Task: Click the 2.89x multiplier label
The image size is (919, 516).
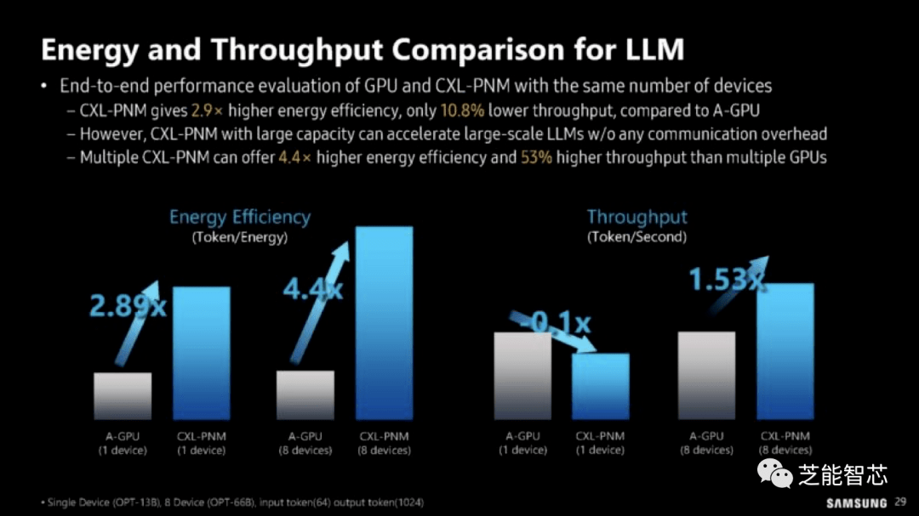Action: click(128, 306)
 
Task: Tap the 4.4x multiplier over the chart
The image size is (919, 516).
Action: click(312, 289)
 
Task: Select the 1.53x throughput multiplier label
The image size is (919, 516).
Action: click(726, 280)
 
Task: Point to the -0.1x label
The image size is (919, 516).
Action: click(555, 322)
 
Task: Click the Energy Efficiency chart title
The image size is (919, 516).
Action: click(240, 218)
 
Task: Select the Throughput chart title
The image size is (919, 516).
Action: click(636, 218)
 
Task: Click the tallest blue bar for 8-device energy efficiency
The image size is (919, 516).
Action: click(384, 323)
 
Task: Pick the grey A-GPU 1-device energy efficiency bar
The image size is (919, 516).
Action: click(123, 396)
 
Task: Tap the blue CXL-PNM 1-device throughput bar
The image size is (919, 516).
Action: click(600, 386)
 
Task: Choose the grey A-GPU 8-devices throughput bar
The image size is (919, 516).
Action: click(706, 376)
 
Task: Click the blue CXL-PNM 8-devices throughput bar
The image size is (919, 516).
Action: click(785, 351)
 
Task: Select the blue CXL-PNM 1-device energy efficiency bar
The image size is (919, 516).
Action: click(202, 353)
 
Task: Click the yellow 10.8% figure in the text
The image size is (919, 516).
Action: click(462, 111)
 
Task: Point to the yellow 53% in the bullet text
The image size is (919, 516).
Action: click(536, 157)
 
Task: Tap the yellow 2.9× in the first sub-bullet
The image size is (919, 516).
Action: click(207, 111)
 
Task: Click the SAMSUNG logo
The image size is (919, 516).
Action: click(856, 503)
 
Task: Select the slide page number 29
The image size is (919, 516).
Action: click(900, 502)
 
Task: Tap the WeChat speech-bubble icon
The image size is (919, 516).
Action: click(775, 473)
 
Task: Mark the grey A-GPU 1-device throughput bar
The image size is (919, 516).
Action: click(522, 376)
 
